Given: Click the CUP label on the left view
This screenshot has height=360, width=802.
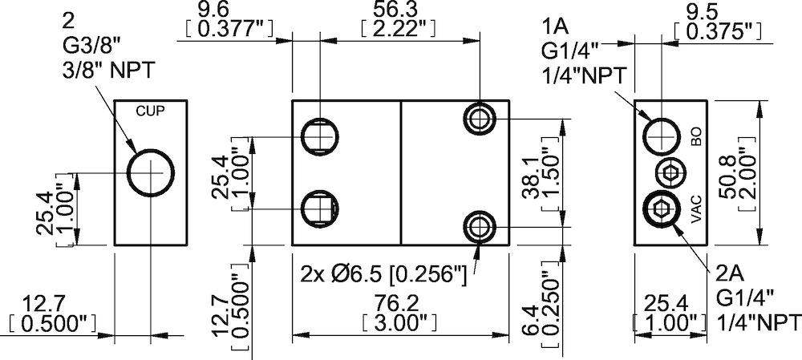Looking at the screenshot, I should (x=150, y=111).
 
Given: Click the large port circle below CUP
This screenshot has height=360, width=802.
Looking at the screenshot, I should (x=151, y=173).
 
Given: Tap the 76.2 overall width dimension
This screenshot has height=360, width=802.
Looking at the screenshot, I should (x=399, y=305).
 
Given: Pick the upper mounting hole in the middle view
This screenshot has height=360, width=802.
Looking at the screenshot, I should (x=480, y=119).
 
